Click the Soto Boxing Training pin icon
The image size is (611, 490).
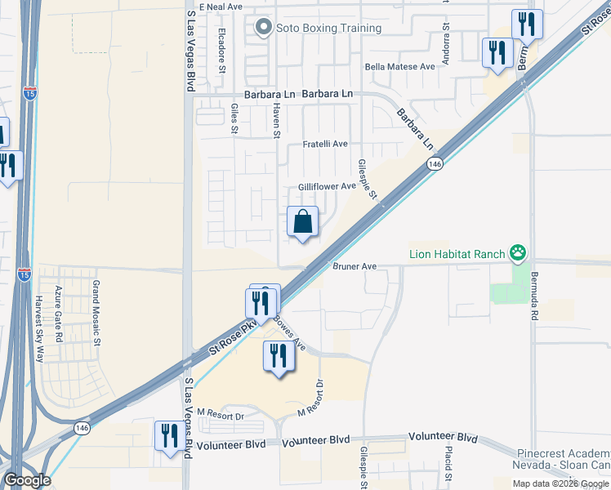[x=263, y=29]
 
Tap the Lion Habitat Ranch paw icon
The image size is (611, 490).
[x=517, y=254]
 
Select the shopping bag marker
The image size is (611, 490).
[x=302, y=222]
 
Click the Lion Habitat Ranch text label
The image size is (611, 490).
[x=457, y=254]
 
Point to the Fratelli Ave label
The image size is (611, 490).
[x=325, y=144]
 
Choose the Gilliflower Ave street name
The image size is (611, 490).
[x=327, y=186]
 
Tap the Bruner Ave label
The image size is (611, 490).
[x=354, y=266]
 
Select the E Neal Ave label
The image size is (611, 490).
[x=221, y=7]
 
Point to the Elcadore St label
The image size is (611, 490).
[x=222, y=51]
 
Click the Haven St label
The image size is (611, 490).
[x=277, y=124]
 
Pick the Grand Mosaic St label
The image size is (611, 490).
[x=96, y=303]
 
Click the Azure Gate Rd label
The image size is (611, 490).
[x=59, y=314]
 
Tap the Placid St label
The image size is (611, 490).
[x=448, y=463]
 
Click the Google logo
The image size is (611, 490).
[x=26, y=480]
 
